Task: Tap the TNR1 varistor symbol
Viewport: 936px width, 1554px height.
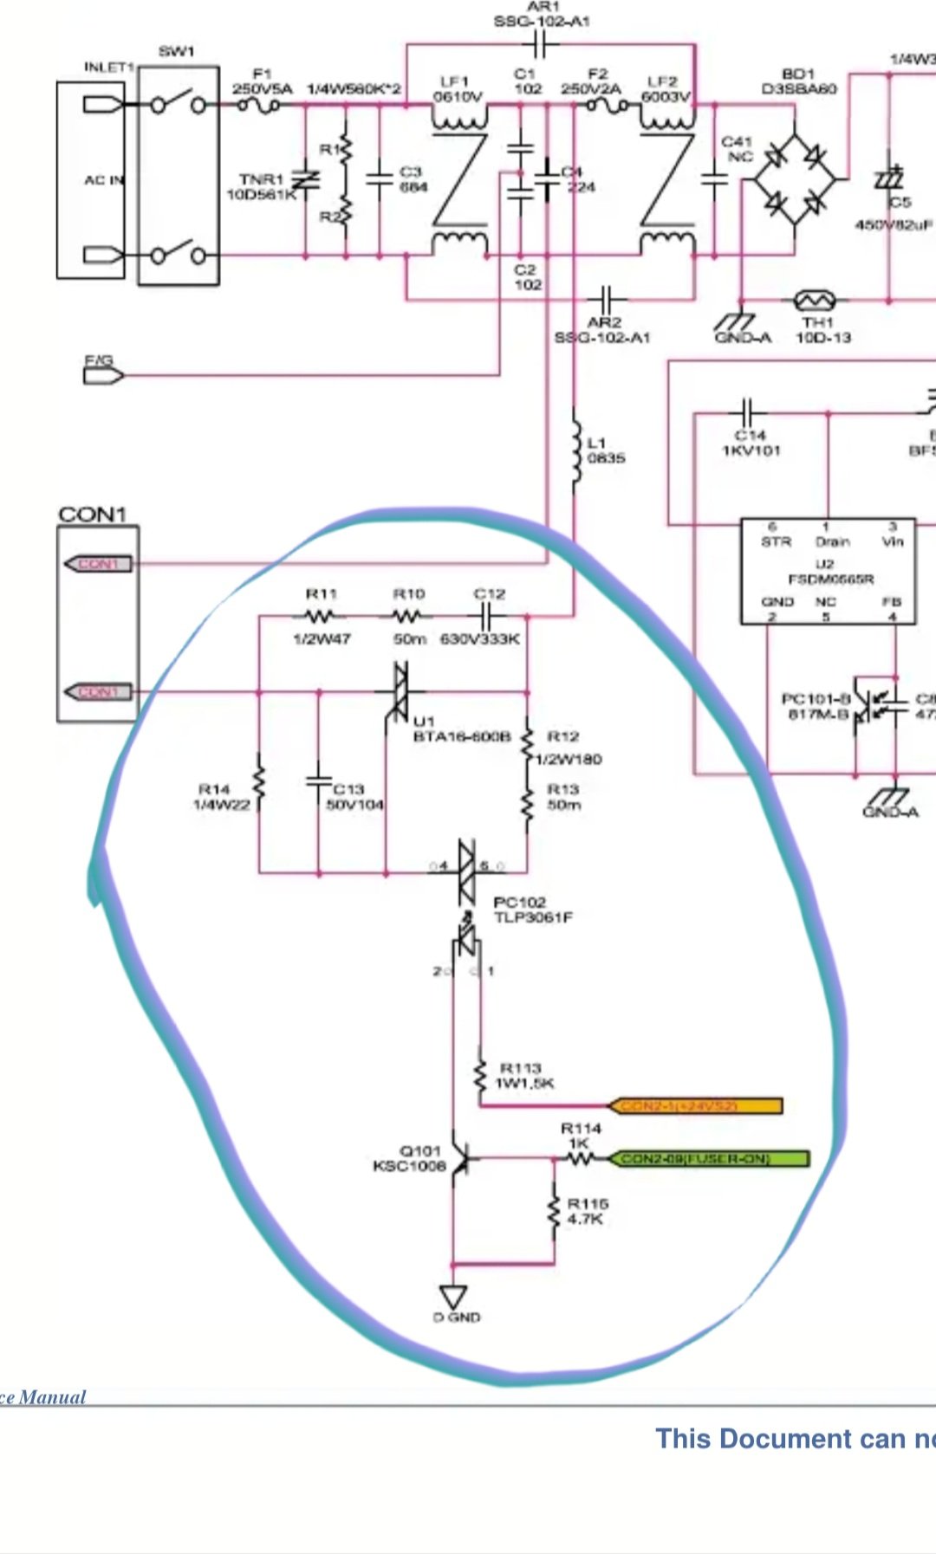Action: coord(305,180)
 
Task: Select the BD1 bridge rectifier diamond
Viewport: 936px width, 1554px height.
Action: coord(795,180)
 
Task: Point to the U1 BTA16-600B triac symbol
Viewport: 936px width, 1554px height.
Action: coord(400,692)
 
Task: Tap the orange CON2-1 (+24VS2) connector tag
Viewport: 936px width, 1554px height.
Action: coord(696,1106)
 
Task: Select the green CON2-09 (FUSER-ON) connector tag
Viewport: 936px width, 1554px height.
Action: coord(709,1159)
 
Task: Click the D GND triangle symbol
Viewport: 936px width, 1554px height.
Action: coord(453,1297)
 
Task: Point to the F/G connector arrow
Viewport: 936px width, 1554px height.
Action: coord(103,375)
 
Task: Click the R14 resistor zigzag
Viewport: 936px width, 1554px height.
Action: coord(258,784)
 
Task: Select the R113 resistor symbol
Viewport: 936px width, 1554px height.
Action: coord(480,1075)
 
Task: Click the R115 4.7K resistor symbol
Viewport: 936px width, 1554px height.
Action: coord(555,1212)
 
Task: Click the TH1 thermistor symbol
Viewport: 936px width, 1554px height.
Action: coord(814,301)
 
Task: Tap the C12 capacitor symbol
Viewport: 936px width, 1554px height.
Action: coord(486,617)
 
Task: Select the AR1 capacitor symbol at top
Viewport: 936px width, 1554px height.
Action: coord(541,44)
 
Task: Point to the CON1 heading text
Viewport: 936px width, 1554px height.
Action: coord(93,515)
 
